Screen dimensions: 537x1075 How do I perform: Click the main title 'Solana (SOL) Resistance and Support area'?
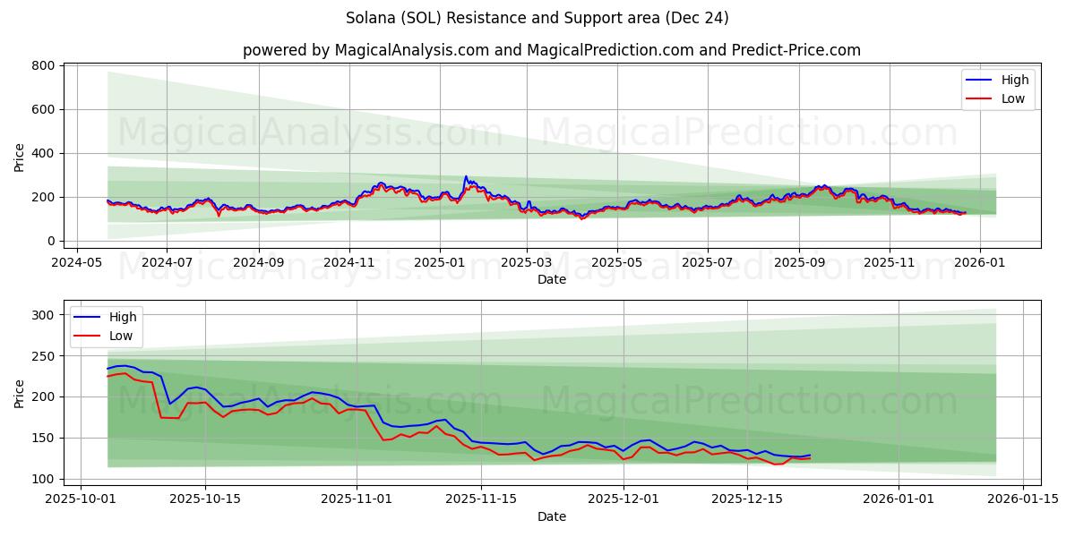[537, 18]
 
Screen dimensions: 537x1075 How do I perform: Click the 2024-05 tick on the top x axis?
[76, 263]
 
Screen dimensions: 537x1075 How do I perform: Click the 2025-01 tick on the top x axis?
[440, 263]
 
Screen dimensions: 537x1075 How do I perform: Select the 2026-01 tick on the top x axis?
[979, 263]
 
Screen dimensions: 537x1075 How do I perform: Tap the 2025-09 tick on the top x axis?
[799, 263]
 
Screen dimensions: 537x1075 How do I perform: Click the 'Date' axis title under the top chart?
[551, 279]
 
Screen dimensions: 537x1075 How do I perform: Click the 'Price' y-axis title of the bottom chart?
[20, 392]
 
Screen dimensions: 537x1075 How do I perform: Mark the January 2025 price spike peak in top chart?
[466, 177]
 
